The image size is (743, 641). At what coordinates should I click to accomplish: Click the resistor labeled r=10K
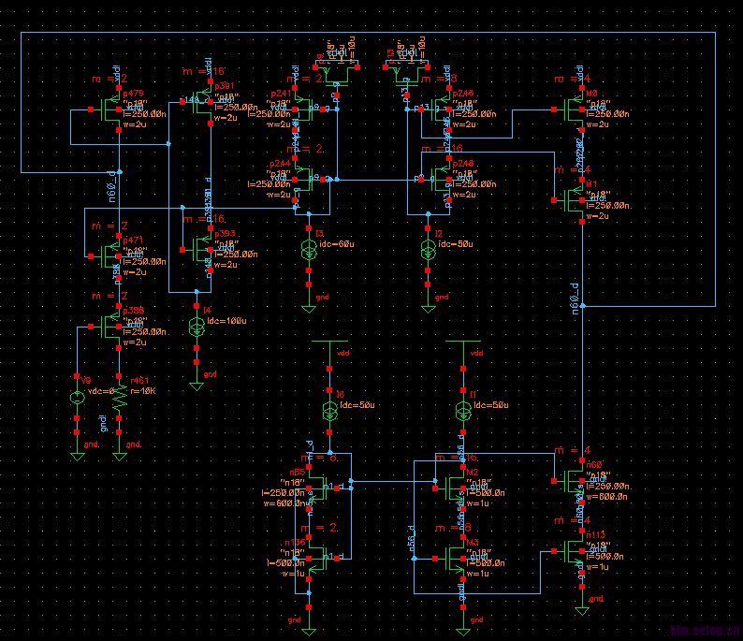click(x=120, y=398)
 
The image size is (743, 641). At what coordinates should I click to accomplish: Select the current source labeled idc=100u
click(x=197, y=327)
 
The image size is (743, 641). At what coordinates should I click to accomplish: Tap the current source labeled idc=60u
click(x=309, y=250)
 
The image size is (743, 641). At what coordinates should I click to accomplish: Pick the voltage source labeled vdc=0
click(x=78, y=398)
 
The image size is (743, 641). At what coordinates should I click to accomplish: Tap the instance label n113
click(x=596, y=535)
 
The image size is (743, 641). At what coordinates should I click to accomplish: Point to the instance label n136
click(x=296, y=542)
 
